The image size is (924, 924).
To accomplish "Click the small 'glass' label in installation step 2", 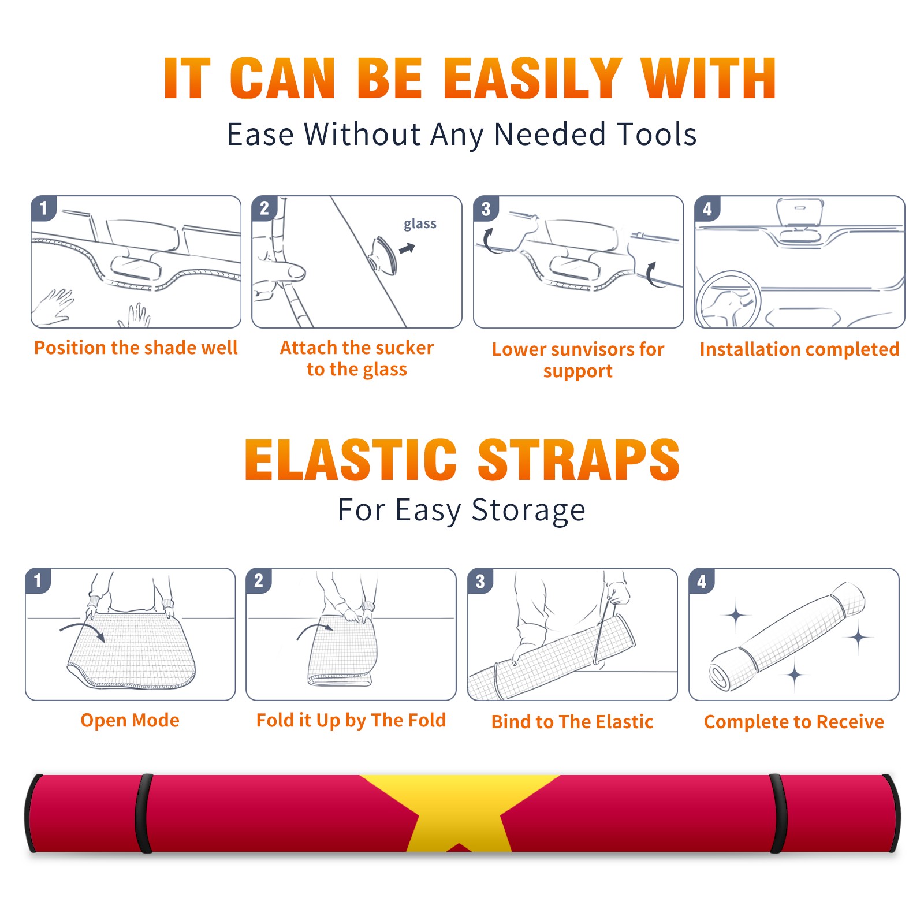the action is (x=420, y=223).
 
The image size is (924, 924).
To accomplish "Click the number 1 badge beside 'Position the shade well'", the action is (x=43, y=207).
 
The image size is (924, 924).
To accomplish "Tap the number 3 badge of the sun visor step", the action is (x=486, y=208).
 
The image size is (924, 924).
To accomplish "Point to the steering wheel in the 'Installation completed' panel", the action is (x=729, y=300).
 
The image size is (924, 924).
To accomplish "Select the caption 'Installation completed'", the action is (x=799, y=349).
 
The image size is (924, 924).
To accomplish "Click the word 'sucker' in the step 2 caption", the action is (x=404, y=348).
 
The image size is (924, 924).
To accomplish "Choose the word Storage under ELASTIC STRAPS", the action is (x=528, y=511).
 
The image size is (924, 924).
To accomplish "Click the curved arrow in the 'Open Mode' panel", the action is (x=83, y=631).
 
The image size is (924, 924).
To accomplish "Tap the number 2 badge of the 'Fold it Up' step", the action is (x=258, y=580).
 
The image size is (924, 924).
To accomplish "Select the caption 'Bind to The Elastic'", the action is (x=572, y=722).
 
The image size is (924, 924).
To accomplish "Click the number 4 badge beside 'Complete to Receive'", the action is (x=702, y=581).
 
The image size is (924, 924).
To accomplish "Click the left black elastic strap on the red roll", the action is (x=144, y=814).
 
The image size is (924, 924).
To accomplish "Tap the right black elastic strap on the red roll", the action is (x=778, y=814).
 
